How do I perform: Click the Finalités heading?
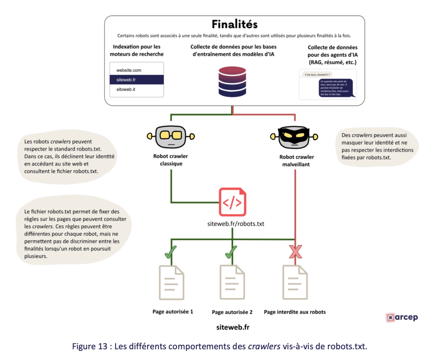[235, 23]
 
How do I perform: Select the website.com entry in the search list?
[125, 70]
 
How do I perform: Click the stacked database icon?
[232, 82]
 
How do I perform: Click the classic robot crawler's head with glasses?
[171, 136]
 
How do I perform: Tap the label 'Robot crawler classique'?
[171, 160]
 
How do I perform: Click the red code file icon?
[232, 201]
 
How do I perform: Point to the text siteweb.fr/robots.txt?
[232, 224]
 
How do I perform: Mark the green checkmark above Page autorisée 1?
[171, 252]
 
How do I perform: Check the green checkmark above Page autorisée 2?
[232, 252]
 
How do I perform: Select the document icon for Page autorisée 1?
[171, 282]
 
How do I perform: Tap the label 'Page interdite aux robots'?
[295, 312]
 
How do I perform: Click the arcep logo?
[401, 317]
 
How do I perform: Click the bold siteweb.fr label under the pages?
[233, 327]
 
